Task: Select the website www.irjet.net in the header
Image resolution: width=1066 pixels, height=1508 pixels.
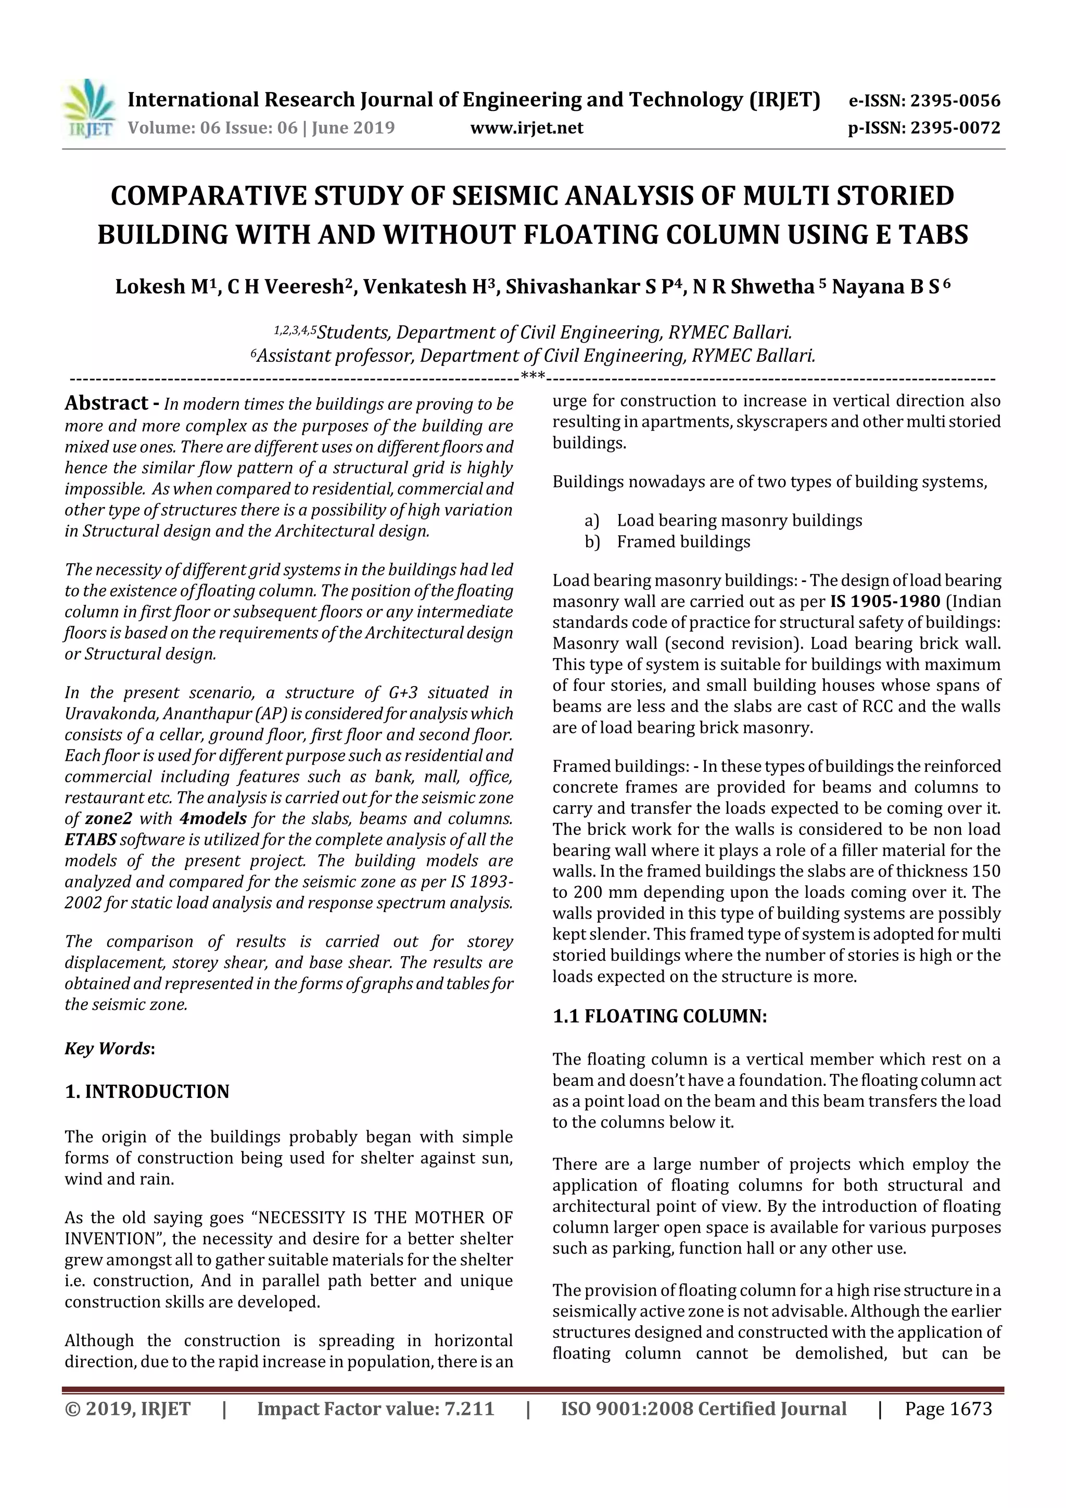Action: (527, 128)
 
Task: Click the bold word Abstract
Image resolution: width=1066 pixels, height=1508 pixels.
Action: (106, 402)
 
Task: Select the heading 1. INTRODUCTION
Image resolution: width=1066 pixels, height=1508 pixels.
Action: (147, 1092)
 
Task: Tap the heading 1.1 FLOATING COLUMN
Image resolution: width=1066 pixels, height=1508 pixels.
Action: (659, 1017)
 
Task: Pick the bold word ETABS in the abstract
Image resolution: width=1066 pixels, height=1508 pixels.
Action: (91, 840)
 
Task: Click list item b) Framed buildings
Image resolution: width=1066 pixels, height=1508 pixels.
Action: (682, 542)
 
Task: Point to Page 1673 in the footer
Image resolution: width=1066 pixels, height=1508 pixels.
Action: (948, 1409)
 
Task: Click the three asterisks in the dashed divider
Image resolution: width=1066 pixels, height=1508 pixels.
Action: (532, 377)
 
